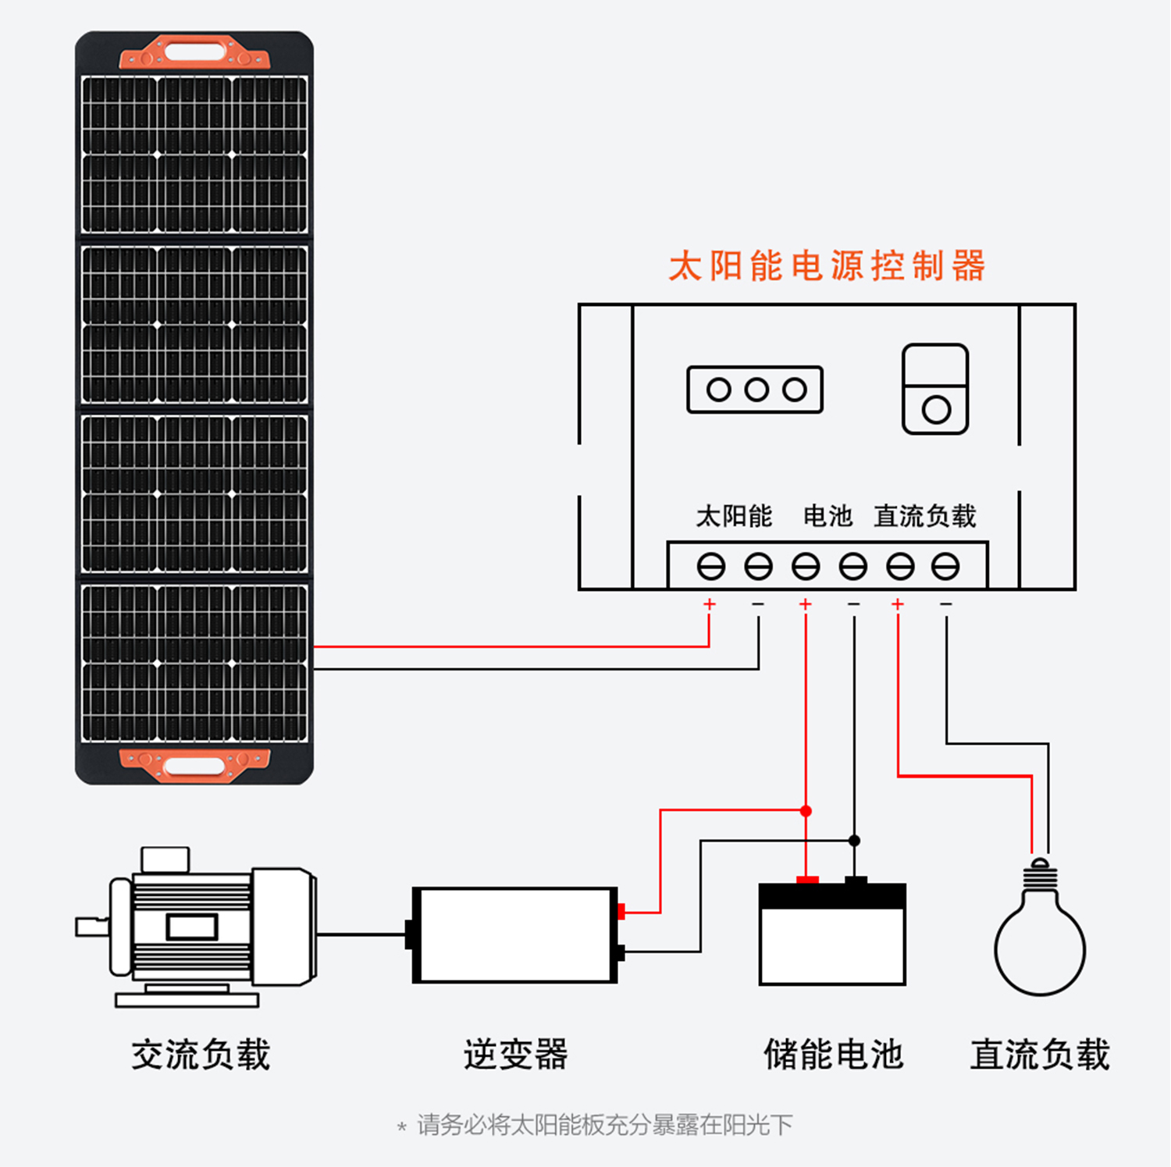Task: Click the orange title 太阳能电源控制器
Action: (x=827, y=266)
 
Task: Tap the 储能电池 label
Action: (x=833, y=1055)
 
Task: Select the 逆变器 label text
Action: (x=515, y=1055)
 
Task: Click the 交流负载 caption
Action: (x=201, y=1055)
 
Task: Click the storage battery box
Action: (x=832, y=933)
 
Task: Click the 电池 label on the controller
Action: (x=828, y=516)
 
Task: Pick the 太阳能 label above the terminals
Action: (x=734, y=516)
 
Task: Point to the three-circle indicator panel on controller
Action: (x=755, y=390)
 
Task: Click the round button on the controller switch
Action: (x=936, y=410)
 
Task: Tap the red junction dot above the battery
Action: (x=806, y=811)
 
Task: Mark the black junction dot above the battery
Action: (x=854, y=841)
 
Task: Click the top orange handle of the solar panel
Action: (x=194, y=52)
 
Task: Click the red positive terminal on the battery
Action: (x=807, y=880)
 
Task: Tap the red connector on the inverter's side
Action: (x=621, y=911)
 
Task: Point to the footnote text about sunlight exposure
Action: (x=596, y=1125)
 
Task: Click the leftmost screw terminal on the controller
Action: (x=710, y=566)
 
